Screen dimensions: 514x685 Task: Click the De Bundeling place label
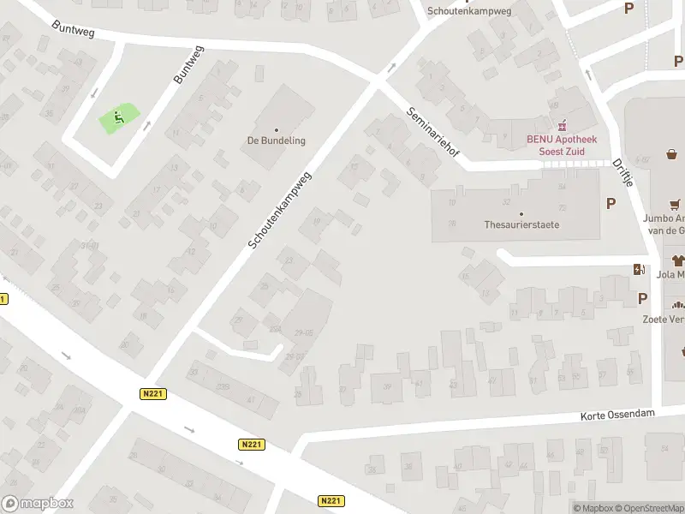(276, 140)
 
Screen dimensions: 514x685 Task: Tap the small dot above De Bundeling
(276, 129)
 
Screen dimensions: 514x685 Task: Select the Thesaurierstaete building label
(521, 225)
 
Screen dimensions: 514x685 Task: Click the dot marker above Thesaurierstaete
(521, 213)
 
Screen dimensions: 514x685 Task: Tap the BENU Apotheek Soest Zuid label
(562, 145)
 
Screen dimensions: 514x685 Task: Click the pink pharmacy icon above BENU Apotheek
(562, 126)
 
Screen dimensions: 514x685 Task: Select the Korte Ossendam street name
(617, 414)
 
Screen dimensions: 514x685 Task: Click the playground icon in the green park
(119, 117)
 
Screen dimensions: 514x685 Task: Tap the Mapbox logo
(38, 503)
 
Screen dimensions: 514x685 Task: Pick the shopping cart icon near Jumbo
(676, 204)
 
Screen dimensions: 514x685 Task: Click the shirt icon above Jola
(678, 260)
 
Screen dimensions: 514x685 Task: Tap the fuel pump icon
(638, 270)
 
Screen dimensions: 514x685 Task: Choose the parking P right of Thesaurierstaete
(611, 203)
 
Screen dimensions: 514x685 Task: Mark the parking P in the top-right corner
(629, 9)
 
